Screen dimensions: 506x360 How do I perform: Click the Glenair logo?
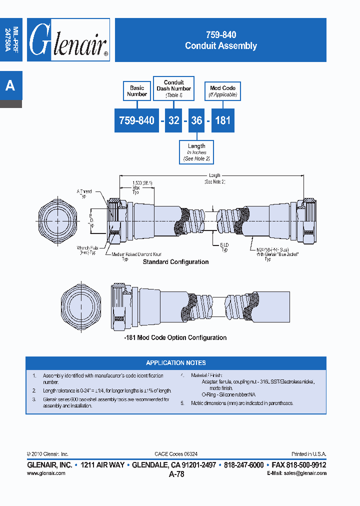68,40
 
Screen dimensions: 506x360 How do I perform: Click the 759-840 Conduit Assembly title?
220,40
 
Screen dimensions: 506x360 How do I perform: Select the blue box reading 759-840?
136,120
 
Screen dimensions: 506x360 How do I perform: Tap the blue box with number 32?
173,120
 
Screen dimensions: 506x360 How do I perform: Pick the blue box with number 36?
196,120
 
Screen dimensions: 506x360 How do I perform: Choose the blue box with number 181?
222,120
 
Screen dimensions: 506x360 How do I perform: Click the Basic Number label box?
136,91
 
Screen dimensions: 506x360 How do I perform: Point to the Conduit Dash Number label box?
173,88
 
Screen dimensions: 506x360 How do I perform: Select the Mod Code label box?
222,91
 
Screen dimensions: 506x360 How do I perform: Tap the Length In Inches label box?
196,152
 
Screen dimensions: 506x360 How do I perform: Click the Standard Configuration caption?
175,262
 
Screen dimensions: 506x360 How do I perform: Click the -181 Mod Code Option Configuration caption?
175,338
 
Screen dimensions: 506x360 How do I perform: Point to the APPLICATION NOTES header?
175,363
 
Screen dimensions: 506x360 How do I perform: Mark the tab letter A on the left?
10,86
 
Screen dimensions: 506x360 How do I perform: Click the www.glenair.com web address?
46,473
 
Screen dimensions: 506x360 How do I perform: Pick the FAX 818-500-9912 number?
297,465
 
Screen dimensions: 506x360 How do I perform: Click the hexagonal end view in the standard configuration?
58,221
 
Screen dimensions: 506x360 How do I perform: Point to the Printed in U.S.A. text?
308,454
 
